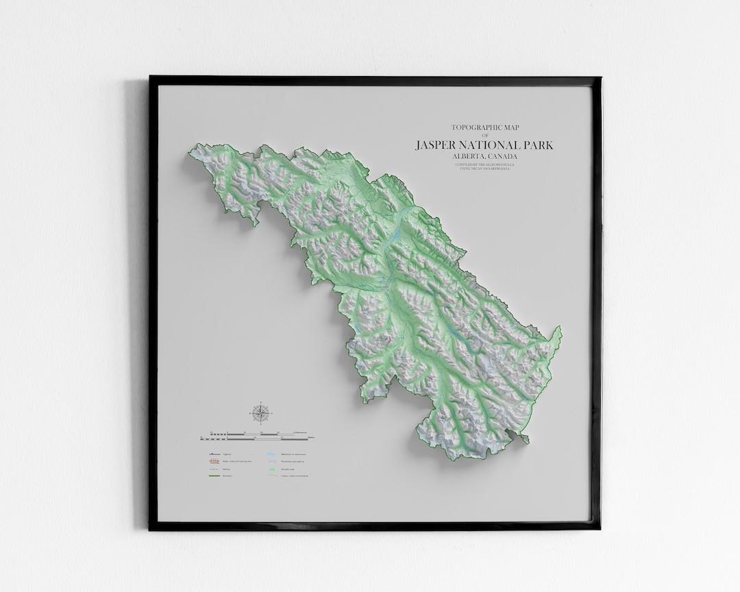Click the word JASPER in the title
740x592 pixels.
pos(436,145)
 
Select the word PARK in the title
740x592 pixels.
pos(538,145)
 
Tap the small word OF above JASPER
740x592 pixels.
pos(484,136)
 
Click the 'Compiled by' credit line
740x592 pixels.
pos(484,164)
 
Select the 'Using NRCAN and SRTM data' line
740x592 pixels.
pos(484,169)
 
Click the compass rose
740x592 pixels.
pos(260,413)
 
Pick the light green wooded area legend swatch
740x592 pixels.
pos(271,469)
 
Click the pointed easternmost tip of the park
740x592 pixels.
pos(560,330)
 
